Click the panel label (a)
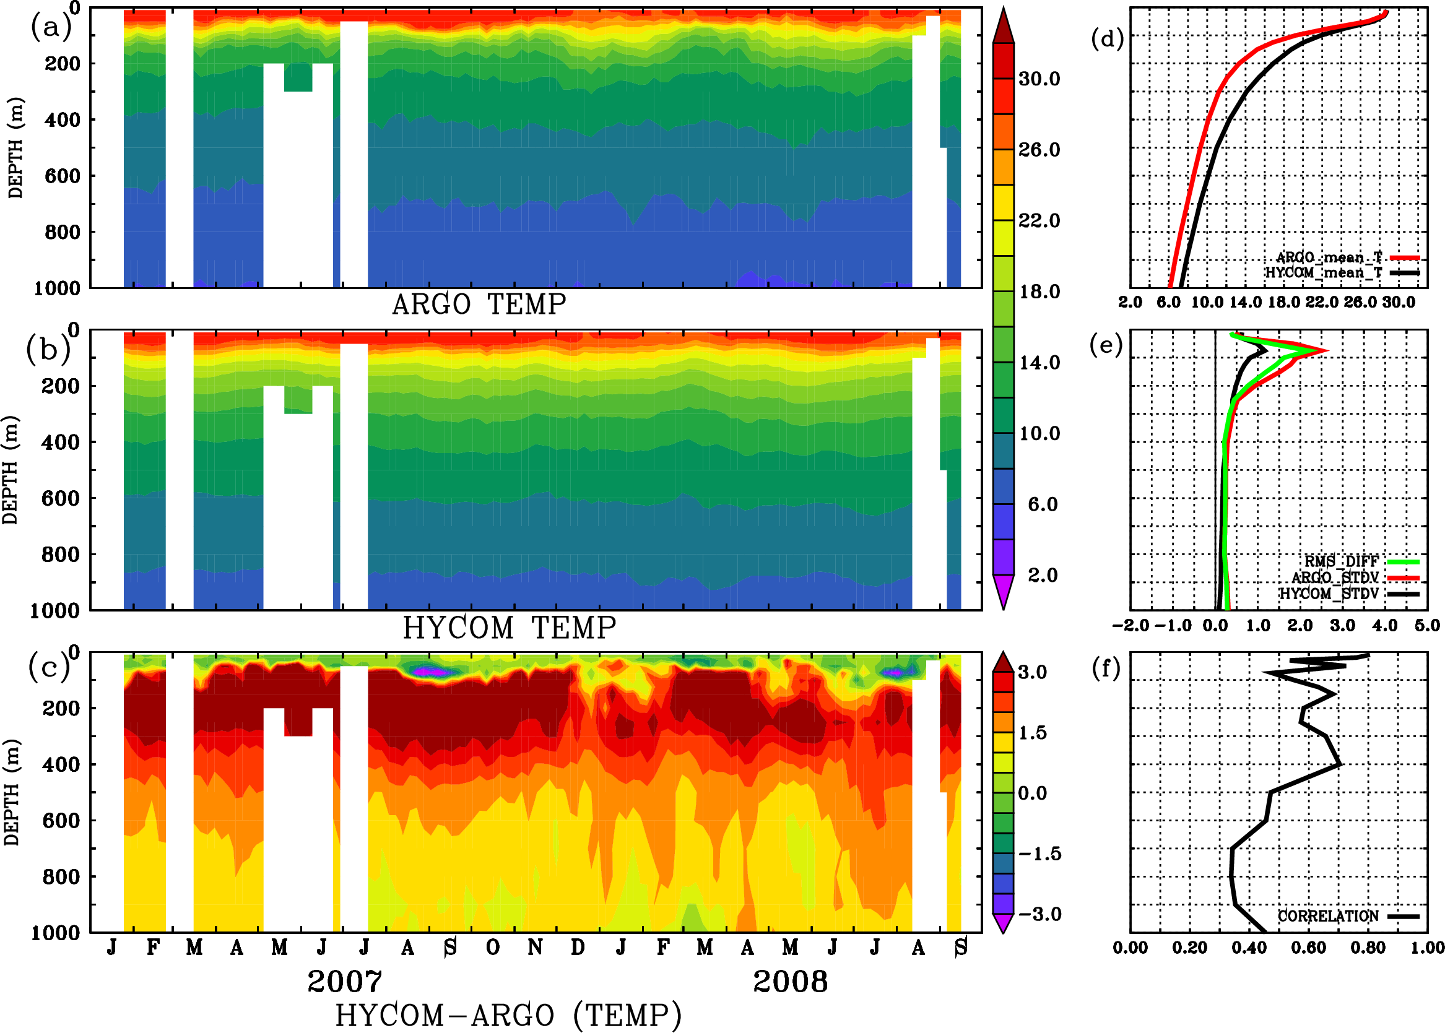(x=51, y=27)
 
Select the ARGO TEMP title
(x=479, y=305)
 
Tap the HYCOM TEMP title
(x=509, y=628)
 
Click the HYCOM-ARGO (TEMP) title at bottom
(x=508, y=1014)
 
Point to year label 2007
(x=344, y=982)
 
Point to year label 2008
(x=789, y=982)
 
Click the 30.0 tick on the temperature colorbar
(x=1039, y=79)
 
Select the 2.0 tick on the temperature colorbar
(x=1042, y=575)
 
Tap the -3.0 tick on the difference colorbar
(x=1039, y=914)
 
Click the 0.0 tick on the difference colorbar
(x=1032, y=793)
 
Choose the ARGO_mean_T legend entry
(x=1329, y=257)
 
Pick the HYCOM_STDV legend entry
(x=1329, y=594)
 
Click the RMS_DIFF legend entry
(x=1340, y=561)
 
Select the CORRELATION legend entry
(x=1328, y=916)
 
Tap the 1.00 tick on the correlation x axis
(x=1427, y=948)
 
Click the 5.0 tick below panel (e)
(x=1427, y=625)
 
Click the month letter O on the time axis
(x=492, y=948)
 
